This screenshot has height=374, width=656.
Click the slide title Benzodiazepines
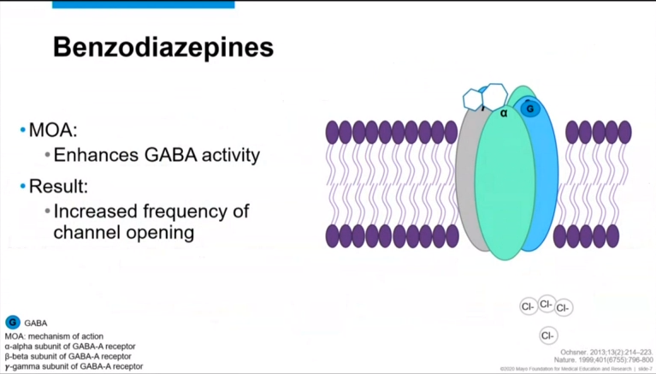click(x=163, y=47)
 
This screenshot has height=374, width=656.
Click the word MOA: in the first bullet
click(x=53, y=131)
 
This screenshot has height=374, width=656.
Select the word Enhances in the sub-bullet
click(x=91, y=156)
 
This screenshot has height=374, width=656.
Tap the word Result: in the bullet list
click(x=58, y=186)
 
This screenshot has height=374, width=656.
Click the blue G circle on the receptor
click(x=530, y=109)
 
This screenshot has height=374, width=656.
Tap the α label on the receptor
click(x=505, y=112)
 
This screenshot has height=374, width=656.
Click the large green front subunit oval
click(x=505, y=188)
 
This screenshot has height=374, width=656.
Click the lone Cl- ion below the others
click(x=548, y=335)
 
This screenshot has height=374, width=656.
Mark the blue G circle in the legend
click(x=13, y=323)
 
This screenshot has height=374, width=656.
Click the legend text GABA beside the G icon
click(x=36, y=324)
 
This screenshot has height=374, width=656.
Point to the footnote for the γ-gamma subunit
click(x=74, y=366)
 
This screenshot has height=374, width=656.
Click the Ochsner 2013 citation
click(x=606, y=352)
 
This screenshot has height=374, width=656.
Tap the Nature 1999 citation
click(x=603, y=360)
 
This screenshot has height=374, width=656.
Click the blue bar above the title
click(x=143, y=4)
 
